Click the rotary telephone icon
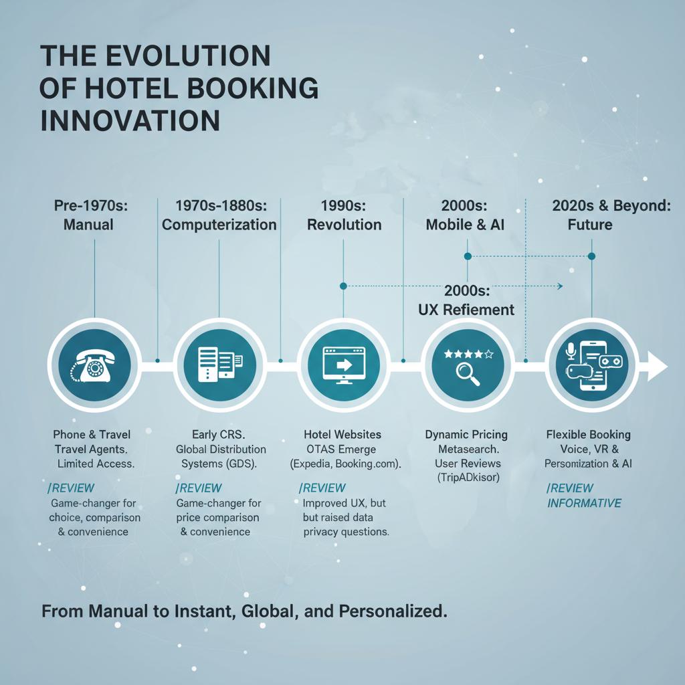point(92,366)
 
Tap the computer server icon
point(219,365)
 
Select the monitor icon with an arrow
point(344,365)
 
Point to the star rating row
point(468,354)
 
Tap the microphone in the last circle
point(571,351)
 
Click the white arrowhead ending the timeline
point(657,366)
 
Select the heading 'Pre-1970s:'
point(91,205)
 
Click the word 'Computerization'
point(219,225)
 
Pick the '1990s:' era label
point(343,205)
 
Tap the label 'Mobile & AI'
point(465,225)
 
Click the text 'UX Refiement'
point(466,309)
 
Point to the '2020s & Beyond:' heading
point(611,205)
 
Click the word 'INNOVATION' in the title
point(130,120)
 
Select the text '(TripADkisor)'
point(468,477)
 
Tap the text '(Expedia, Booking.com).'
point(346,464)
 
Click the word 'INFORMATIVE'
point(584,503)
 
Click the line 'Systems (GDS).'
point(219,464)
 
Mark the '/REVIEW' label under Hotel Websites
point(322,488)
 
